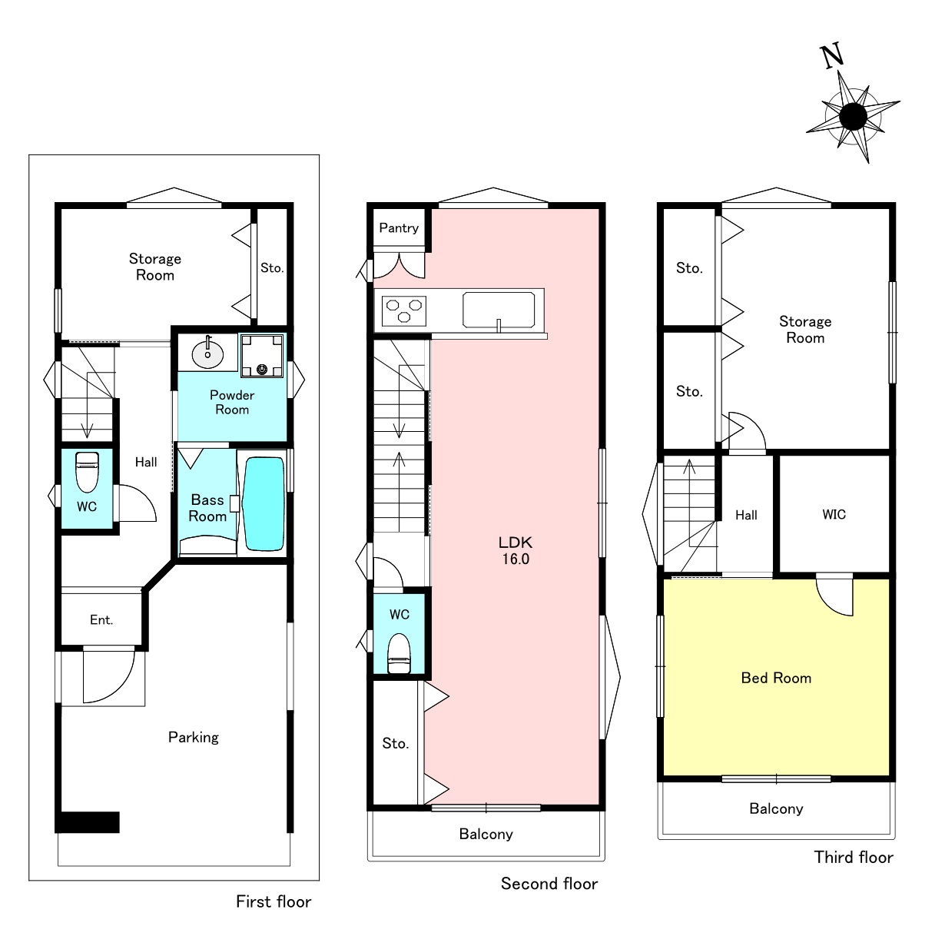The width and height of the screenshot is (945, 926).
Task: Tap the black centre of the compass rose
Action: [854, 117]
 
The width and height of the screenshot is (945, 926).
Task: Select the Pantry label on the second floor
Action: [399, 228]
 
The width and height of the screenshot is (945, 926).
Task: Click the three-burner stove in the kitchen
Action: [403, 311]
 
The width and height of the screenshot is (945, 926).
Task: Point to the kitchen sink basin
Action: [499, 310]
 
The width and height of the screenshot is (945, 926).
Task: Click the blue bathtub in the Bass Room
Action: [264, 504]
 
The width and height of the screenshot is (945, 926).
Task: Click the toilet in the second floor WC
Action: [399, 654]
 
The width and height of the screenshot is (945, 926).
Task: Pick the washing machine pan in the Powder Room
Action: [262, 356]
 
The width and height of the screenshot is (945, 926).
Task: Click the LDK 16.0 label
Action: [516, 550]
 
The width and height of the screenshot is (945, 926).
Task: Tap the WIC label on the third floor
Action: [834, 514]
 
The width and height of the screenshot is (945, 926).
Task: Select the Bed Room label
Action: [776, 678]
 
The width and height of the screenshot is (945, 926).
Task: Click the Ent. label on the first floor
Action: [101, 620]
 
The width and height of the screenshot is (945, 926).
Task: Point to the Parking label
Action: [193, 738]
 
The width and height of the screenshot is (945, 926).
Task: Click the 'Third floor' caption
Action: [854, 857]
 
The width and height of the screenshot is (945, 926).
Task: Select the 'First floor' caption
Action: [274, 901]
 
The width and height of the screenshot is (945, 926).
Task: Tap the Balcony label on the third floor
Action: [776, 808]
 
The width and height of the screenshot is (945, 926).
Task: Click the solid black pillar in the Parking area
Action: [88, 822]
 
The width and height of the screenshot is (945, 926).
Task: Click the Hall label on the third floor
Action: [746, 515]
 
